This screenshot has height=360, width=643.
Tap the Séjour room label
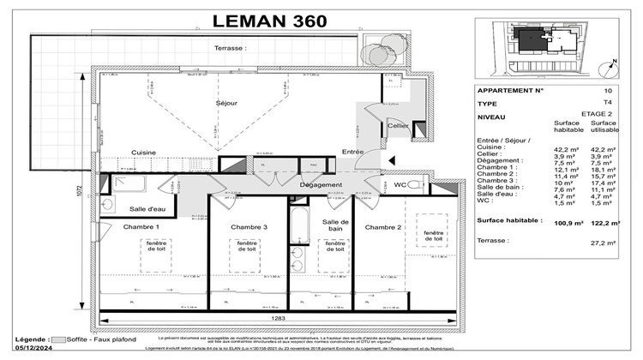tap(225, 102)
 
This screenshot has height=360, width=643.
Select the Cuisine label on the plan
tap(143, 153)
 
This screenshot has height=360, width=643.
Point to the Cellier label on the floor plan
tap(397, 125)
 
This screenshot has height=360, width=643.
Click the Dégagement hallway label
tap(321, 184)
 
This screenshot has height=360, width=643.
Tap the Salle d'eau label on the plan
tap(147, 209)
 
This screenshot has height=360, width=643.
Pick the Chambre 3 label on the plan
tap(249, 226)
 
